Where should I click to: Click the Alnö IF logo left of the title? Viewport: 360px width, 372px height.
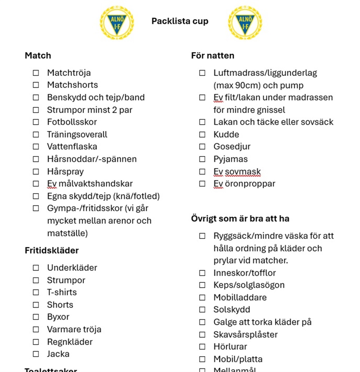point(117,22)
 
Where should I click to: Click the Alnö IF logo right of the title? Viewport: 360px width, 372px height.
point(245,22)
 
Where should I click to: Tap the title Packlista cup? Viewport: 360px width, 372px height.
point(180,21)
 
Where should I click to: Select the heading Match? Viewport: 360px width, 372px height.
point(38,56)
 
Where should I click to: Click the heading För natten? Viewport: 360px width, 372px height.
point(212,56)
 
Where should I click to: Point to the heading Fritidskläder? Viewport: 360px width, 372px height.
point(51,250)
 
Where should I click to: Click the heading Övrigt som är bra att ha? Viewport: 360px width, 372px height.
point(240,219)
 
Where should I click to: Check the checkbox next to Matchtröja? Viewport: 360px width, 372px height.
point(36,73)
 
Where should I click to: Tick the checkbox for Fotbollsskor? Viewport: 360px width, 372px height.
point(36,122)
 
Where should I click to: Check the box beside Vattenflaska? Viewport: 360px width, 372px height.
point(36,146)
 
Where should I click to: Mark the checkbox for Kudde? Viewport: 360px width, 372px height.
point(202,135)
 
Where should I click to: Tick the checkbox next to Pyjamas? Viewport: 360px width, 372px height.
point(202,159)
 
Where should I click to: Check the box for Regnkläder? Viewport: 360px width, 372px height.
point(36,342)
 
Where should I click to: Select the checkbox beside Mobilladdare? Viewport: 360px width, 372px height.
point(202,298)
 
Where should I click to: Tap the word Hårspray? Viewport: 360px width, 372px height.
point(65,171)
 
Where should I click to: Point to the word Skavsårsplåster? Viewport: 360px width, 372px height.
point(246,335)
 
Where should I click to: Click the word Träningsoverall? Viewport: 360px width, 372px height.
point(77,135)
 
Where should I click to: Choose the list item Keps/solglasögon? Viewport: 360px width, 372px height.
point(249,285)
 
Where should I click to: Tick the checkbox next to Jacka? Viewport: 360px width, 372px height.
point(36,354)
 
